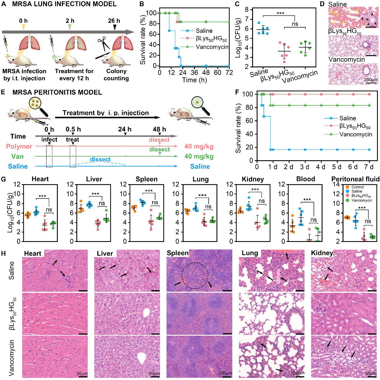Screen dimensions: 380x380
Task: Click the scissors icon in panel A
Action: coord(104,44)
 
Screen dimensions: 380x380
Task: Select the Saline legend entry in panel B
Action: coord(204,31)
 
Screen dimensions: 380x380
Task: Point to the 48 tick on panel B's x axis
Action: coord(206,72)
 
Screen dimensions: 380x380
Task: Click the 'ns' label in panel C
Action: coord(295,24)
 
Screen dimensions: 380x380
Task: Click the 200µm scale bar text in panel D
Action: coord(370,80)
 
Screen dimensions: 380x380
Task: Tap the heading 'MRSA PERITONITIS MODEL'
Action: coord(57,92)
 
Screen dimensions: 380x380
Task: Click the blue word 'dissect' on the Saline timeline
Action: coord(100,160)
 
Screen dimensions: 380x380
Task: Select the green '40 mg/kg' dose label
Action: coord(199,156)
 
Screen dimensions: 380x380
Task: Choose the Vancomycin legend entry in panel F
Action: coord(355,134)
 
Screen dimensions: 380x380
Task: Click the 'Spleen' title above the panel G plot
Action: coord(146,179)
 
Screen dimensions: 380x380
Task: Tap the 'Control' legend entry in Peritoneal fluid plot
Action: coord(358,187)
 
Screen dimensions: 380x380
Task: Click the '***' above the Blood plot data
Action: coord(307,200)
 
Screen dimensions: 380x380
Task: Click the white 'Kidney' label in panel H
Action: coord(322,253)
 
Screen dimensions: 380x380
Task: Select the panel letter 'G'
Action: coord(3,179)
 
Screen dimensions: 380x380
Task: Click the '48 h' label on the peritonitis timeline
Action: coord(159,129)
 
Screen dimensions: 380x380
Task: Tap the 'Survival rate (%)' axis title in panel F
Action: coord(238,128)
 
